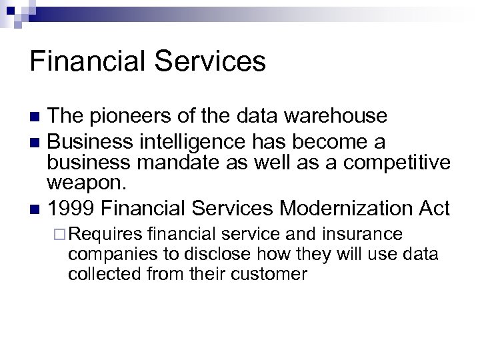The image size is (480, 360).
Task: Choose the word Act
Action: coord(433,208)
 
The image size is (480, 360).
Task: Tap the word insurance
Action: coord(363,234)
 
